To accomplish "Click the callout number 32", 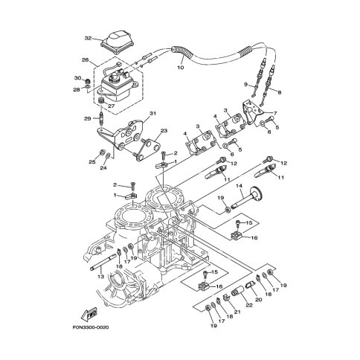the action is point(88,38).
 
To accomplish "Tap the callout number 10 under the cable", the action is point(181,67).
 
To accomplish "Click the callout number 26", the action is point(86,60).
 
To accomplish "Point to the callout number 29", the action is point(87,118).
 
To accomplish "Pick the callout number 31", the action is point(152,114).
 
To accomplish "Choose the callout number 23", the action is point(164,130).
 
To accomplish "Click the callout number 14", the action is point(239,186).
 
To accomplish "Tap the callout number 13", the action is point(100,277).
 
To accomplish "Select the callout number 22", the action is point(249,305).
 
